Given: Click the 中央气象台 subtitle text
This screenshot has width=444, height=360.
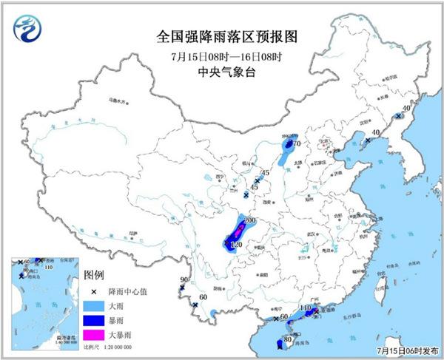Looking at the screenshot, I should point(221,72).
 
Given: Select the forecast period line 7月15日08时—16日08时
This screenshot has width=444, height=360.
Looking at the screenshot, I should point(221,55).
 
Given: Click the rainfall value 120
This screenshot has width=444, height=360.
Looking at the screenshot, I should point(238,244).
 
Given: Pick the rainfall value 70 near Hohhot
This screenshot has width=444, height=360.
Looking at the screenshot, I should point(295,145).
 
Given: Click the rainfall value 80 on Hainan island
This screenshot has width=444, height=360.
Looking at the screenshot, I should point(288,341).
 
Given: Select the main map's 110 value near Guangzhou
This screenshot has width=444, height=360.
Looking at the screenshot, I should point(304,308).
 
